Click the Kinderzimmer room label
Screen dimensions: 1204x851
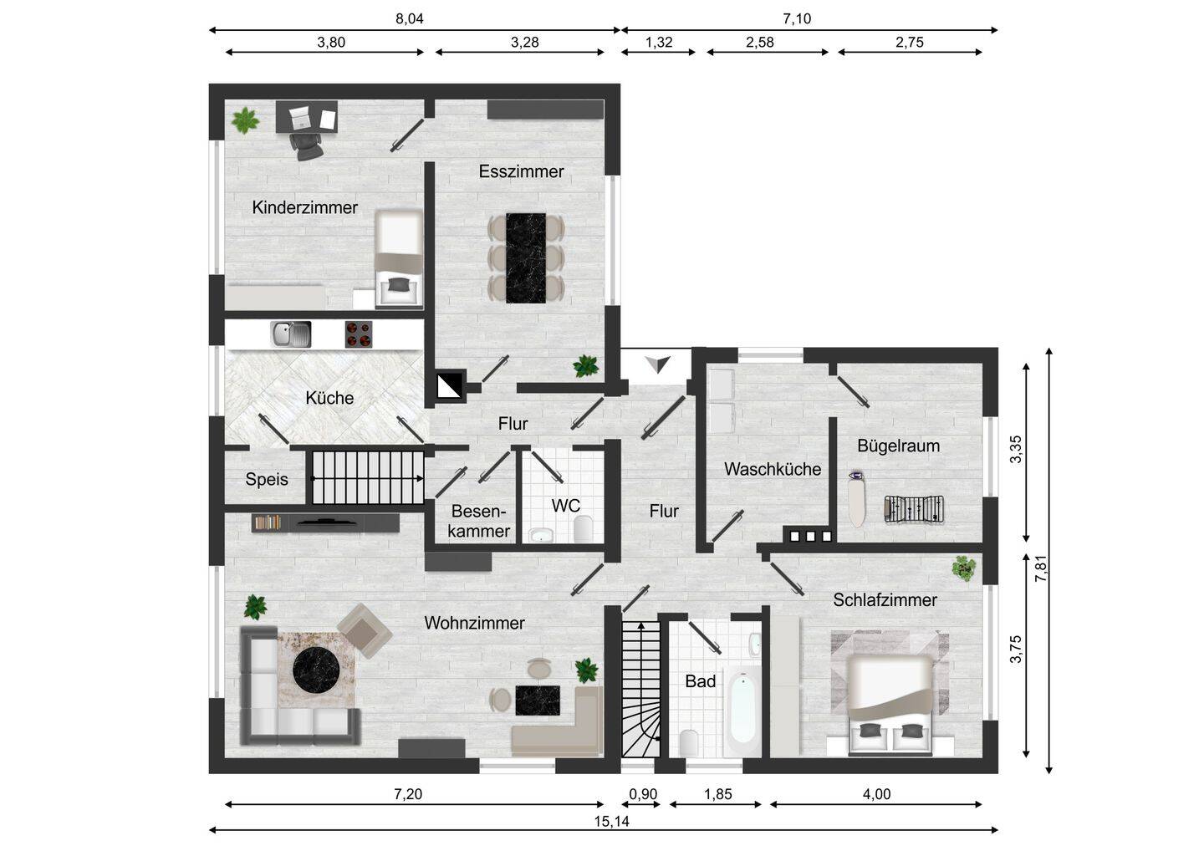pyautogui.click(x=304, y=207)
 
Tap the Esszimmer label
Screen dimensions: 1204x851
pyautogui.click(x=522, y=171)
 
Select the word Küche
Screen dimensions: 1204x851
pyautogui.click(x=329, y=398)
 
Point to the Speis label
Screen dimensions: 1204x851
pyautogui.click(x=267, y=479)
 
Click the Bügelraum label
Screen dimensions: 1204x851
pyautogui.click(x=898, y=446)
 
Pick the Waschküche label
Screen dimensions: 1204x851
pyautogui.click(x=773, y=469)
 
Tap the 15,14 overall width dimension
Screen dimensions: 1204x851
pyautogui.click(x=612, y=822)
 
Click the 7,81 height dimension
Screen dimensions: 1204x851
pyautogui.click(x=1041, y=568)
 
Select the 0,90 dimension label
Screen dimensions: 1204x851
pyautogui.click(x=643, y=793)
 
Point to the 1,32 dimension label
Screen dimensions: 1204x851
pyautogui.click(x=659, y=42)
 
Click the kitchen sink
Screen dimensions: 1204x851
pyautogui.click(x=291, y=334)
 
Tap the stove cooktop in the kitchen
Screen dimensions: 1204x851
pyautogui.click(x=359, y=334)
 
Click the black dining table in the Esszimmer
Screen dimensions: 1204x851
pyautogui.click(x=526, y=257)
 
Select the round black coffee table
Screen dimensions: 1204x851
pyautogui.click(x=316, y=670)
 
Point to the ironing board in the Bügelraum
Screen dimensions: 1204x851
pyautogui.click(x=857, y=499)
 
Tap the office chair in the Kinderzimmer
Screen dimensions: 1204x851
pyautogui.click(x=306, y=146)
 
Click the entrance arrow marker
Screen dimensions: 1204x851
pyautogui.click(x=657, y=364)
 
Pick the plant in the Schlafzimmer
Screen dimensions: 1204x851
pyautogui.click(x=964, y=568)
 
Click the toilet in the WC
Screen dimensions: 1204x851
pyautogui.click(x=583, y=529)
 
